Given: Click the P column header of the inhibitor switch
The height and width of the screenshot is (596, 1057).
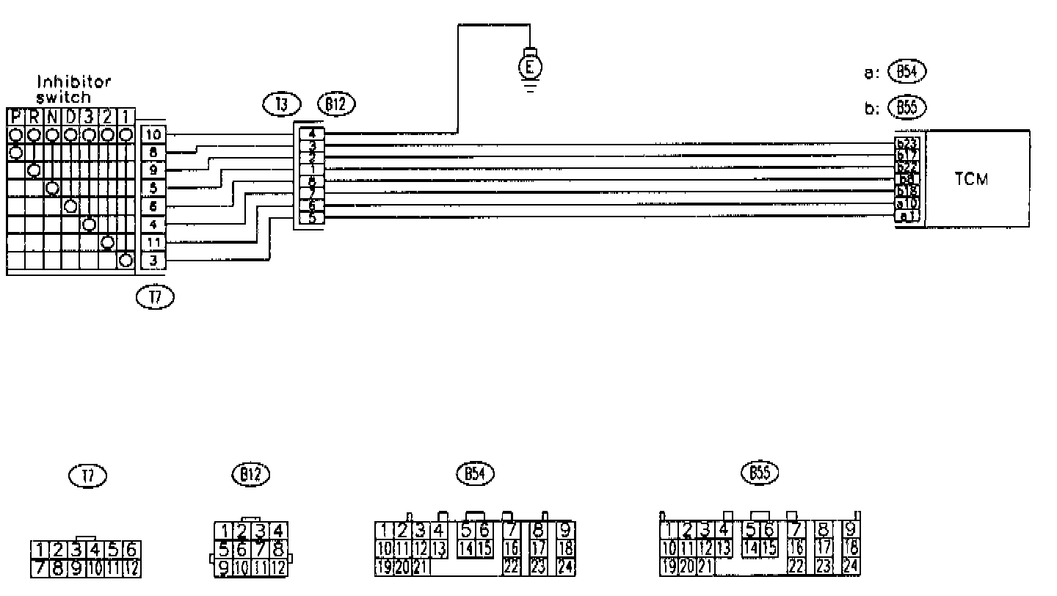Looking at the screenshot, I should coord(15,117).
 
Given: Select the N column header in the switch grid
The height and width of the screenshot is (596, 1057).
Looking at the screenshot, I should coord(52,117).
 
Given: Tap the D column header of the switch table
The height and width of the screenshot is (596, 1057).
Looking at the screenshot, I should coord(70,117).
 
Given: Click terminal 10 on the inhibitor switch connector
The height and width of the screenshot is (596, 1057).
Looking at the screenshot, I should coord(153,135).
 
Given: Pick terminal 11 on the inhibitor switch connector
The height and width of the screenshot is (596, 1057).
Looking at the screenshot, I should coord(153,242).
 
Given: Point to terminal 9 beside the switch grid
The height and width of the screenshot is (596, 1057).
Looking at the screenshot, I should coord(153,170).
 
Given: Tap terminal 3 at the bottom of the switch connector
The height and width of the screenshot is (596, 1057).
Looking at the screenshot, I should coord(153,260).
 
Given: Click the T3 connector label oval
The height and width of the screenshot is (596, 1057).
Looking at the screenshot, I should coord(281,105).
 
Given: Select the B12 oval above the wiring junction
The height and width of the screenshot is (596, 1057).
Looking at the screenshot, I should coord(335,104).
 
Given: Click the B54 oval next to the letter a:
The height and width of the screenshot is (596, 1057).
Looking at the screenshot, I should coord(907,72).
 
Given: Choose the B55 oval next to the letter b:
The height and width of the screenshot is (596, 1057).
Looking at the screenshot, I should coord(907,107).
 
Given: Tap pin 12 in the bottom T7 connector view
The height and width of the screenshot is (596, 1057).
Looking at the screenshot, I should coord(132,567).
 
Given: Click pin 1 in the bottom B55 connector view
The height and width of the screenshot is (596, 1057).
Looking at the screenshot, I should coord(669,530).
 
